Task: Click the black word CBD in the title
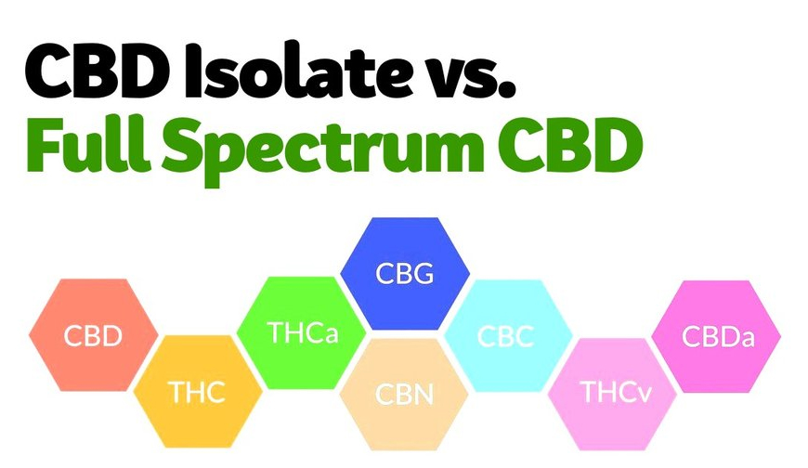point(98,71)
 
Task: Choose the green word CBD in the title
point(570,144)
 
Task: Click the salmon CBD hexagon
point(93,335)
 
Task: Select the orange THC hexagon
point(198,392)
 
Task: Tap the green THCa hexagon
point(302,332)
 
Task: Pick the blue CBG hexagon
point(405,273)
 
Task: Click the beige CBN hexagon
point(404,395)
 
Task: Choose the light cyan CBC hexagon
point(508,335)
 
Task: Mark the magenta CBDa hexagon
point(716,336)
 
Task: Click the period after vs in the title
point(508,91)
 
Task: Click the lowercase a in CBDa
point(747,339)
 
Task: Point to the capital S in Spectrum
point(184,144)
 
